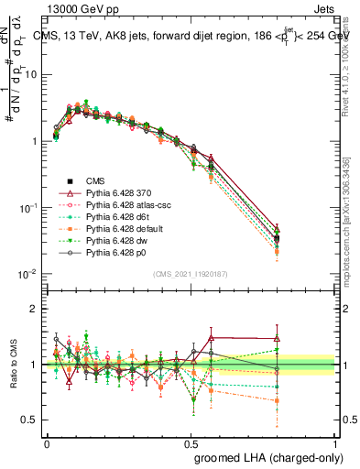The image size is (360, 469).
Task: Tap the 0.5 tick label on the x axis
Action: (x=191, y=442)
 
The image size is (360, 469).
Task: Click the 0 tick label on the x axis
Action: (x=47, y=442)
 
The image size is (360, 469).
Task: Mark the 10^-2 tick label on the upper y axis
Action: (x=28, y=274)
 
